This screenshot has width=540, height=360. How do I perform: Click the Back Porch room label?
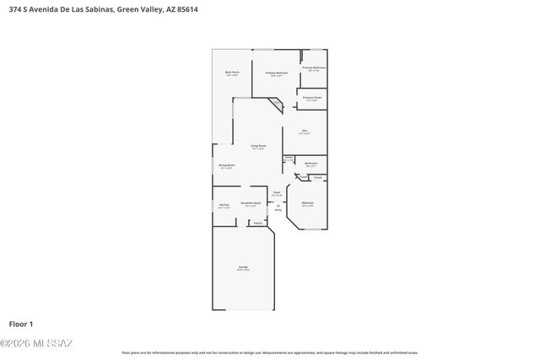[x=232, y=73]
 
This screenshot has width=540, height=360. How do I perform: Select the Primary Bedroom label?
[x=277, y=73]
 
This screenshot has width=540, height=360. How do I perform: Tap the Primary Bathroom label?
[x=314, y=67]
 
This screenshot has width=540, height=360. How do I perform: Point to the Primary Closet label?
[x=312, y=98]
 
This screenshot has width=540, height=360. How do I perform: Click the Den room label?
[x=304, y=130]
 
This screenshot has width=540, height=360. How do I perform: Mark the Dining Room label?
[x=226, y=165]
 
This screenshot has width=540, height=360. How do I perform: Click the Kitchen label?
[x=224, y=205]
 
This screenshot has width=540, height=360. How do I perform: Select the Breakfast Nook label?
[x=250, y=203]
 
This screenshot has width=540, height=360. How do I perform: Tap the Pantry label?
[x=256, y=223]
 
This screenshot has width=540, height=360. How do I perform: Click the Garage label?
[x=243, y=268]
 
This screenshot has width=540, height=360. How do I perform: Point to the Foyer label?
[x=276, y=193]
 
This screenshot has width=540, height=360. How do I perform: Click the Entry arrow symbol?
[x=278, y=205]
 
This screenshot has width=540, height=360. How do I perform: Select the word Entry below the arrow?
[x=278, y=211]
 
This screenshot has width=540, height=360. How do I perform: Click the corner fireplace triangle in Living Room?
[x=275, y=105]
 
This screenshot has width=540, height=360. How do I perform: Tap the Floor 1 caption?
[x=21, y=323]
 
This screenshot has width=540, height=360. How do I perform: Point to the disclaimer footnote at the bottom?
[x=270, y=352]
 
